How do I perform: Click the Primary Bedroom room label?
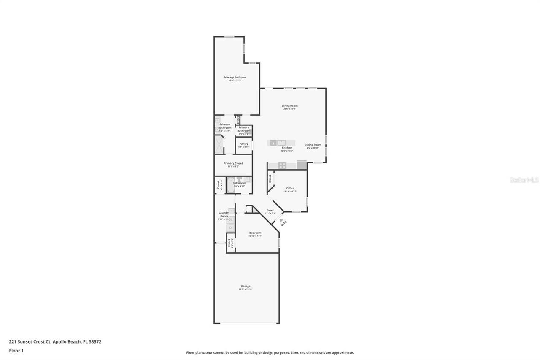click(235, 77)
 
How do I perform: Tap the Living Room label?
click(289, 106)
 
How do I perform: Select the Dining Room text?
click(313, 145)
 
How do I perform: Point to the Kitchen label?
click(286, 148)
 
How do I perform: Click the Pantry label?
click(243, 143)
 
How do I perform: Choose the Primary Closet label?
click(233, 163)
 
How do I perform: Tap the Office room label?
click(290, 188)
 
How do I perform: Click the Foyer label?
click(270, 210)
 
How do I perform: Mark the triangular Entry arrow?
click(281, 220)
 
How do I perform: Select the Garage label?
click(246, 286)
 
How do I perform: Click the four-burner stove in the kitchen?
click(282, 165)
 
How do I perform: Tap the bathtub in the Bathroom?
click(230, 185)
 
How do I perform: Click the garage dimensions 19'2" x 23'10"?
click(246, 290)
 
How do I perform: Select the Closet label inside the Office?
click(270, 179)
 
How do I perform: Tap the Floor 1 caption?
click(16, 351)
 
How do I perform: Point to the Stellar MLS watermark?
click(524, 180)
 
